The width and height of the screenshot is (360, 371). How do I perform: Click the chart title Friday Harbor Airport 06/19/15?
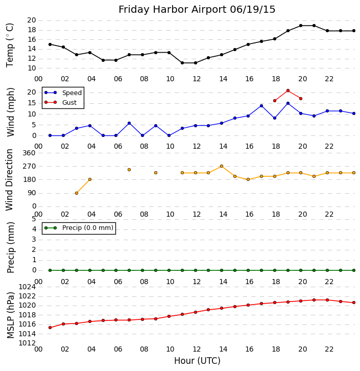point(197,9)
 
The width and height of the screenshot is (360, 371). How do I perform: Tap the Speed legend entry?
point(71,93)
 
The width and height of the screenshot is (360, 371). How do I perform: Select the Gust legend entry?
point(69,102)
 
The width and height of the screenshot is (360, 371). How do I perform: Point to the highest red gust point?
point(288,90)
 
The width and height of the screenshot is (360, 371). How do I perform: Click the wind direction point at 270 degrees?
point(221,166)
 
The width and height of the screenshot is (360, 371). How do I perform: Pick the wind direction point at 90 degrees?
point(77,193)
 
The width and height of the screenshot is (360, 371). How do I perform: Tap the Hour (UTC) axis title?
point(197,361)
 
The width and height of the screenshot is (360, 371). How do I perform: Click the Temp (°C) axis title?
point(10,44)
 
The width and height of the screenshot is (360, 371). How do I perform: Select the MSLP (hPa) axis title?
point(10,315)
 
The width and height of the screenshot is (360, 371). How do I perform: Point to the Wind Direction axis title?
point(10,179)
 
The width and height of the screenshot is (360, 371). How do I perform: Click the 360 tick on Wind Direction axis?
point(29,153)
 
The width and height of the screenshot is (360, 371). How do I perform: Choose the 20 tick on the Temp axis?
point(31,20)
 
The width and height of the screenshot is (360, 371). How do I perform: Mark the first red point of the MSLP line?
point(50,328)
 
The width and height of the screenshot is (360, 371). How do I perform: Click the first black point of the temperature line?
point(50,44)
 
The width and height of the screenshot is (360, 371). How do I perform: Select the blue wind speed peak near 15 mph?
point(288,103)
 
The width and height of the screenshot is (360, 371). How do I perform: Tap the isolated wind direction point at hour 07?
point(129,170)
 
